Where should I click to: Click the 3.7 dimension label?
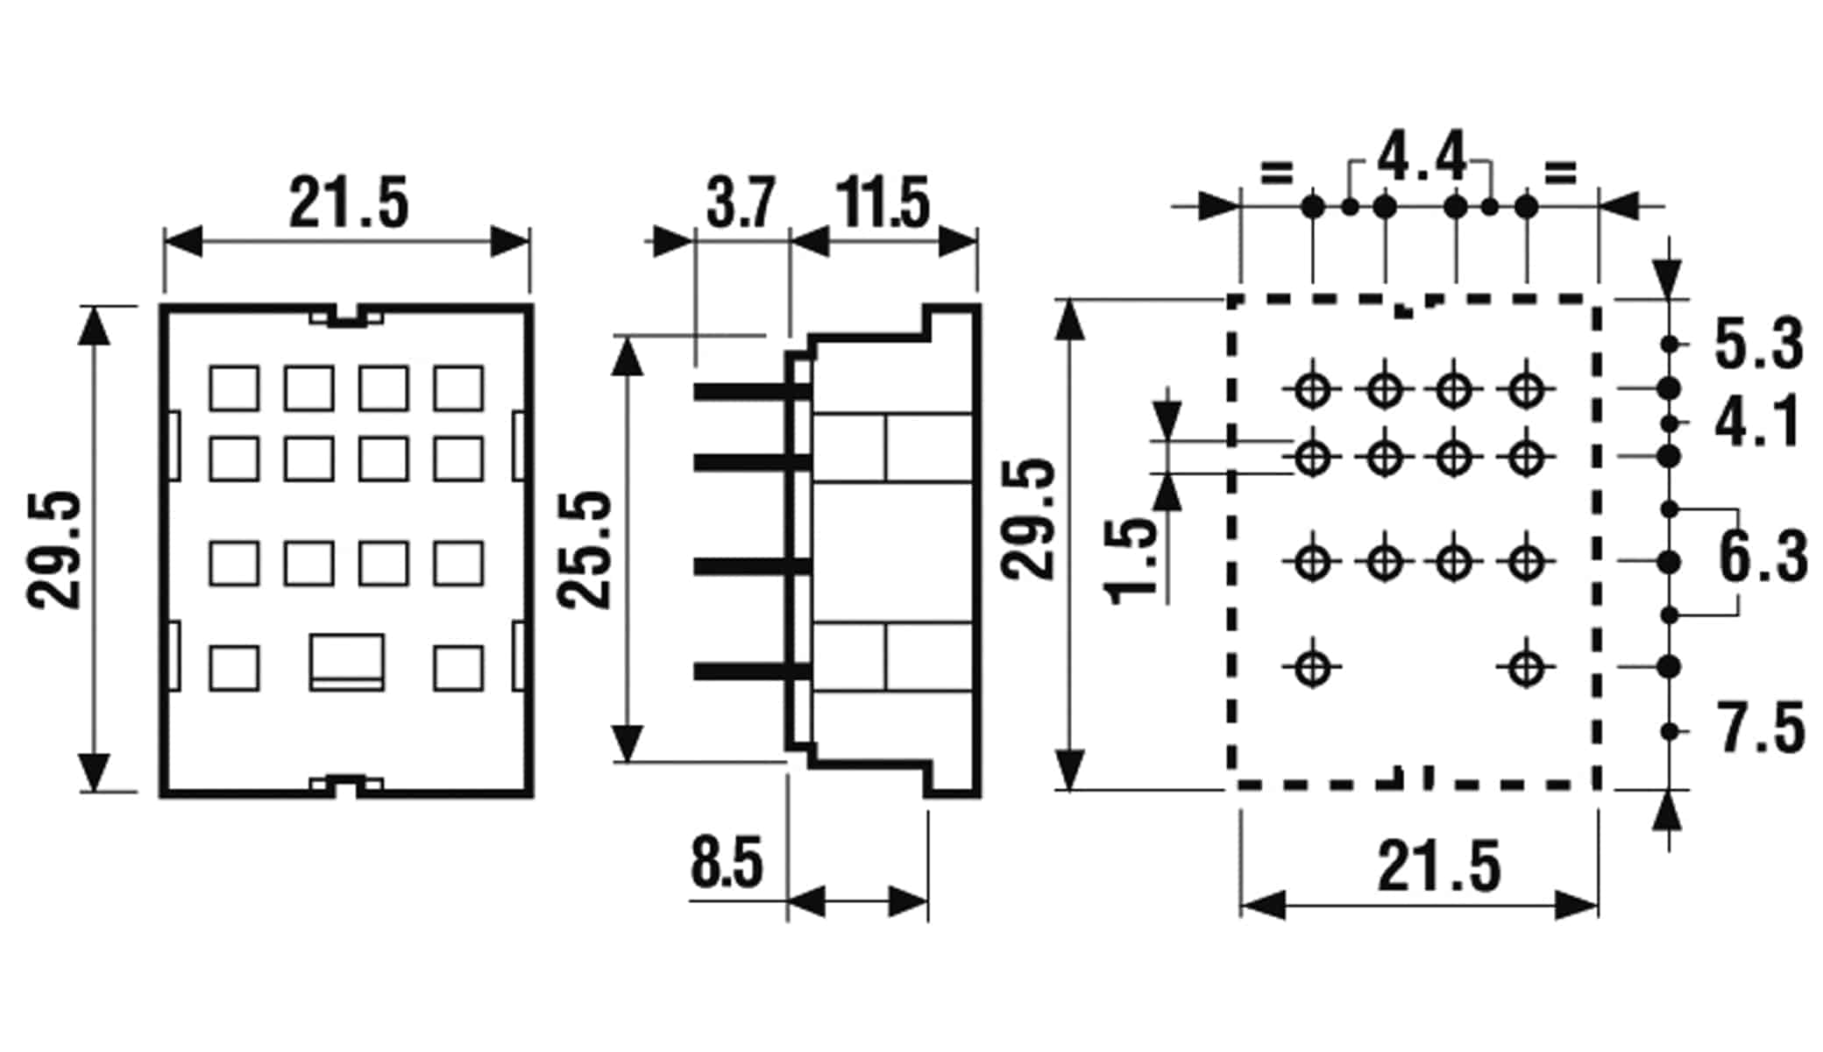[x=741, y=203]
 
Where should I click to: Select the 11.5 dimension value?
[x=882, y=203]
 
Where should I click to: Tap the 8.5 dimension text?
[x=727, y=863]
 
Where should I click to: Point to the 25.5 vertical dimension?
[x=585, y=550]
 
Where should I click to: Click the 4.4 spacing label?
[x=1422, y=158]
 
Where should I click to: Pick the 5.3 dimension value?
[x=1759, y=344]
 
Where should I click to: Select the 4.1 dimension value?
[x=1757, y=422]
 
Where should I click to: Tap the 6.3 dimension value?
[x=1763, y=556]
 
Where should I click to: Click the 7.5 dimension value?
[x=1761, y=728]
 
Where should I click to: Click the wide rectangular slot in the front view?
[x=347, y=662]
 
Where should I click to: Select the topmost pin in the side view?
[x=751, y=392]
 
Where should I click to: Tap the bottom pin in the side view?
[x=751, y=672]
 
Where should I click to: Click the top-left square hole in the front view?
[x=234, y=388]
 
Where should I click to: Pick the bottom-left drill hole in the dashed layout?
[x=1312, y=668]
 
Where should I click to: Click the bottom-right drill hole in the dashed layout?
[x=1526, y=668]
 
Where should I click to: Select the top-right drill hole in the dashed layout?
[x=1526, y=388]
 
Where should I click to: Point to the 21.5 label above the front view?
[x=349, y=203]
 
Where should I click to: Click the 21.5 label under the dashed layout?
[x=1439, y=866]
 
